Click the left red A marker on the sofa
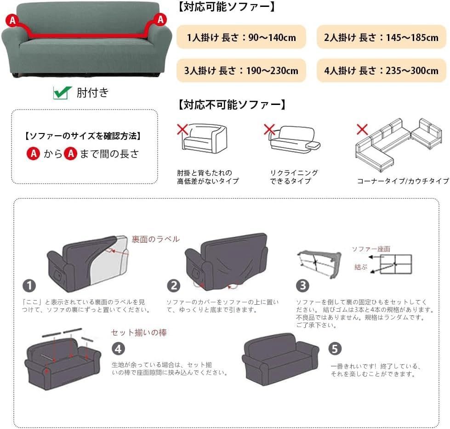tap(12, 20)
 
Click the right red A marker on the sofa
tap(160, 19)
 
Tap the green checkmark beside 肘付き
tap(62, 93)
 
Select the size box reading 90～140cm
tap(241, 37)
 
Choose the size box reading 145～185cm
tap(381, 37)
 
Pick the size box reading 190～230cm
tap(241, 70)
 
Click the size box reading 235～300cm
tap(381, 70)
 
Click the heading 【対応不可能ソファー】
tap(232, 105)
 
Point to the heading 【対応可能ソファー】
tap(226, 6)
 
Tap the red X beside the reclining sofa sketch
tap(269, 129)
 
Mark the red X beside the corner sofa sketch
tap(362, 129)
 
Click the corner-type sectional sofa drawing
tap(399, 145)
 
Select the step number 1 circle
tap(29, 286)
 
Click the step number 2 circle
tap(174, 286)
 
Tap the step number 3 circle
tap(303, 286)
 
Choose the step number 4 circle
tap(118, 349)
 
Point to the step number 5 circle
tap(335, 348)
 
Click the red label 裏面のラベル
tap(155, 239)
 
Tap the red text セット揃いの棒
tap(139, 332)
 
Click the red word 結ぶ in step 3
tap(361, 267)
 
